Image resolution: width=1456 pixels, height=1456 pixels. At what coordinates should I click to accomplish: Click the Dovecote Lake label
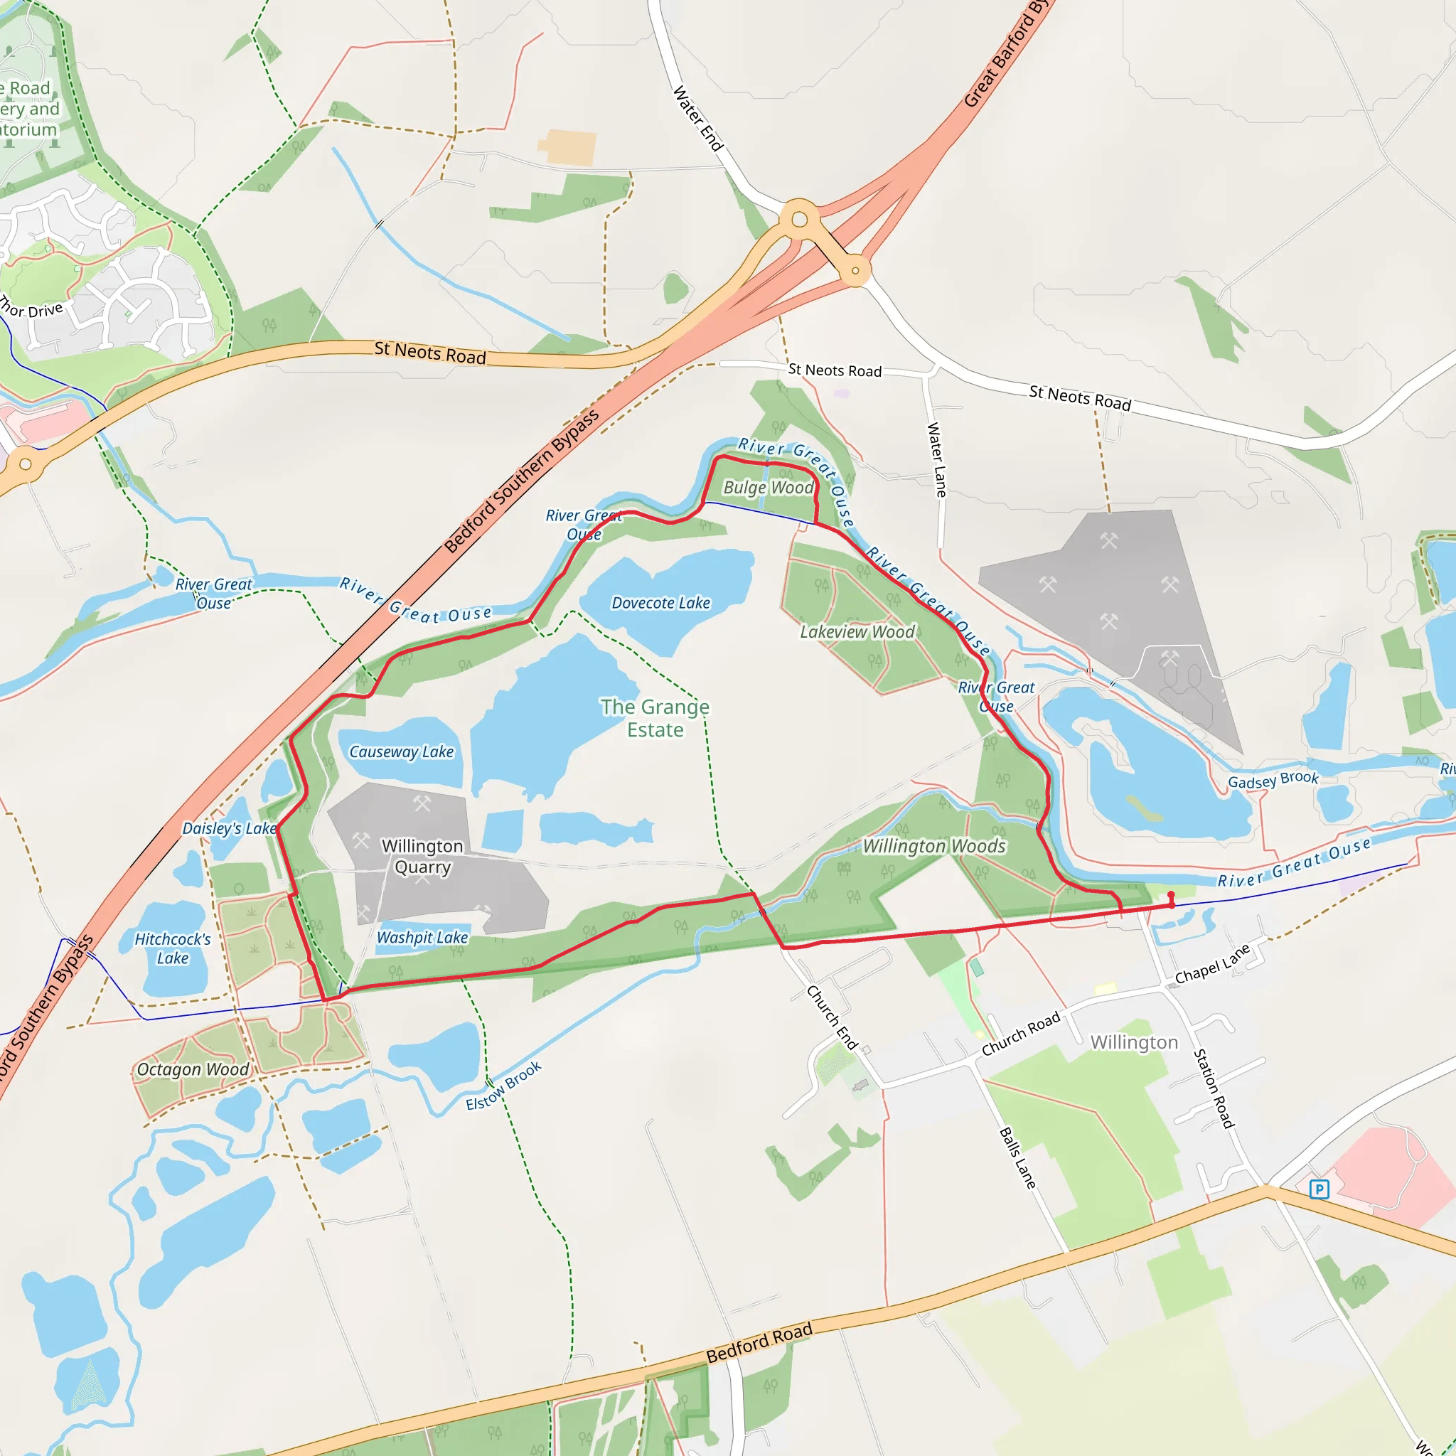click(x=660, y=603)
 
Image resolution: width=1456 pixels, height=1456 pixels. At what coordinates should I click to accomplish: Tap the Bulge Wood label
click(x=768, y=488)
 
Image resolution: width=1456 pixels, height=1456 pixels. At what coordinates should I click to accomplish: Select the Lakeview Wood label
click(x=857, y=631)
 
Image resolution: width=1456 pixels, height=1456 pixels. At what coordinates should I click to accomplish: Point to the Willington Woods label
click(x=933, y=846)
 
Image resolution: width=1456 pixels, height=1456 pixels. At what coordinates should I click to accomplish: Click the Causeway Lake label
click(x=401, y=751)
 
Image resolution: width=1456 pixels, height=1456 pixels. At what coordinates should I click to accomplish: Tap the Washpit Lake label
click(x=422, y=938)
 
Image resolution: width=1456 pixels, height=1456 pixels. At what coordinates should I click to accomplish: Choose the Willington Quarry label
click(x=422, y=857)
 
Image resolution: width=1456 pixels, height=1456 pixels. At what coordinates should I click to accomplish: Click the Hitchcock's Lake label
click(x=173, y=949)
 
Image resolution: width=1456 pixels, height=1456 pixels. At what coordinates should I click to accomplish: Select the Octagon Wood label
click(x=193, y=1069)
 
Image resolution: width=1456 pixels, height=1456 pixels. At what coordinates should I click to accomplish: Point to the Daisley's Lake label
click(x=230, y=828)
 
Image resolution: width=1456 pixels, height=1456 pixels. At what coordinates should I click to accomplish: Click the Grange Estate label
click(x=655, y=718)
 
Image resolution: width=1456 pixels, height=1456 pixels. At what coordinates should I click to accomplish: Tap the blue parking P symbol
click(x=1319, y=1189)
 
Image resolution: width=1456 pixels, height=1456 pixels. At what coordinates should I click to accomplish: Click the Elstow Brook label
click(x=503, y=1086)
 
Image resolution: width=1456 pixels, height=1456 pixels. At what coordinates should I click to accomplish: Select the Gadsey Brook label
click(x=1273, y=781)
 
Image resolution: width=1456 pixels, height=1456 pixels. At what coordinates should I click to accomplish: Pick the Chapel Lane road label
click(x=1212, y=964)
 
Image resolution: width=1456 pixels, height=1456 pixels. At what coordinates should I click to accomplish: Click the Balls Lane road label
click(x=1017, y=1157)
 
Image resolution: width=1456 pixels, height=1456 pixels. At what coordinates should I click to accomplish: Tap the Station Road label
click(x=1214, y=1088)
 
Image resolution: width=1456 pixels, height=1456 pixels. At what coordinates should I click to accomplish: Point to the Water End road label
click(x=697, y=117)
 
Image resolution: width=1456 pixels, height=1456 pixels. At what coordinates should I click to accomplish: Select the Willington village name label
click(x=1133, y=1042)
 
